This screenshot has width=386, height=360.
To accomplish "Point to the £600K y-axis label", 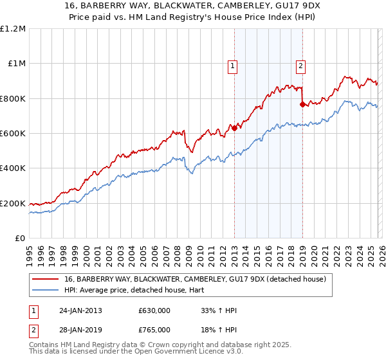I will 13,134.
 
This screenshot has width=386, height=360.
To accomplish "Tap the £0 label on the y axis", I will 20,239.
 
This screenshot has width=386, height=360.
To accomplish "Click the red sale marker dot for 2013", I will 234,128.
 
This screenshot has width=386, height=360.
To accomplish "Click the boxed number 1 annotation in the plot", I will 232,64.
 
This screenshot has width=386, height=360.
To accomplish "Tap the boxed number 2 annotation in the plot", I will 300,64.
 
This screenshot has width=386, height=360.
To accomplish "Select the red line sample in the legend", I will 46,280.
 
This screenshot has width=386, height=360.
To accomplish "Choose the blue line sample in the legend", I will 46,291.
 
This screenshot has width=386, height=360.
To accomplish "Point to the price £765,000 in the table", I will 154,329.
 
